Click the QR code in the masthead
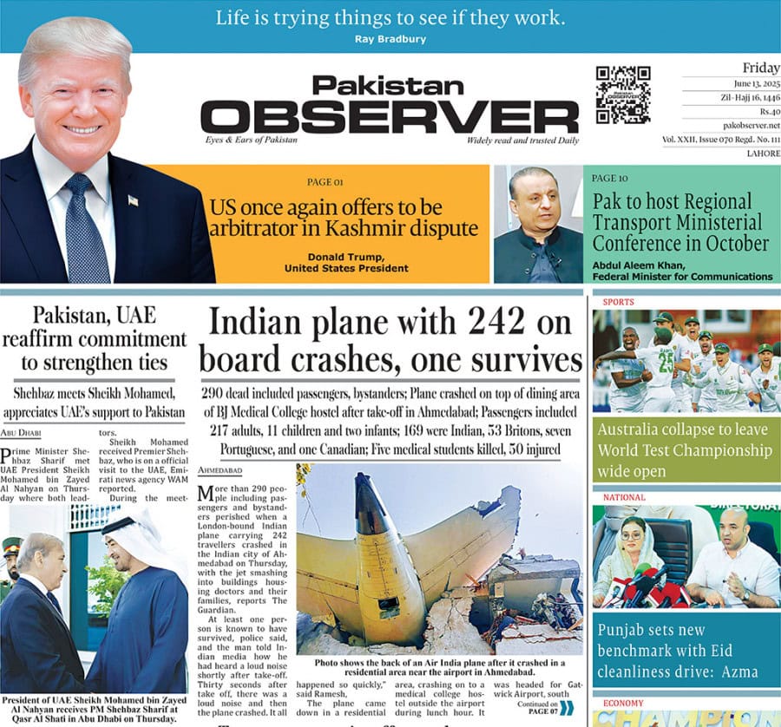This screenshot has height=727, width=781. pos(622,95)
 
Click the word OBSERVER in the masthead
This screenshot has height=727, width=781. pos(389,116)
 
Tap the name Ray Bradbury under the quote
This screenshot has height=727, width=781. pos(390,39)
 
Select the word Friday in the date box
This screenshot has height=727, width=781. pos(761,68)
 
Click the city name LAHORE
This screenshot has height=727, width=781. pos(763,153)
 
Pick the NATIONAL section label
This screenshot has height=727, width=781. pos(620,498)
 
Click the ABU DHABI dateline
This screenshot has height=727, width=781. pos(21,433)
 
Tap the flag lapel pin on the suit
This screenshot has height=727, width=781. pos(133,200)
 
